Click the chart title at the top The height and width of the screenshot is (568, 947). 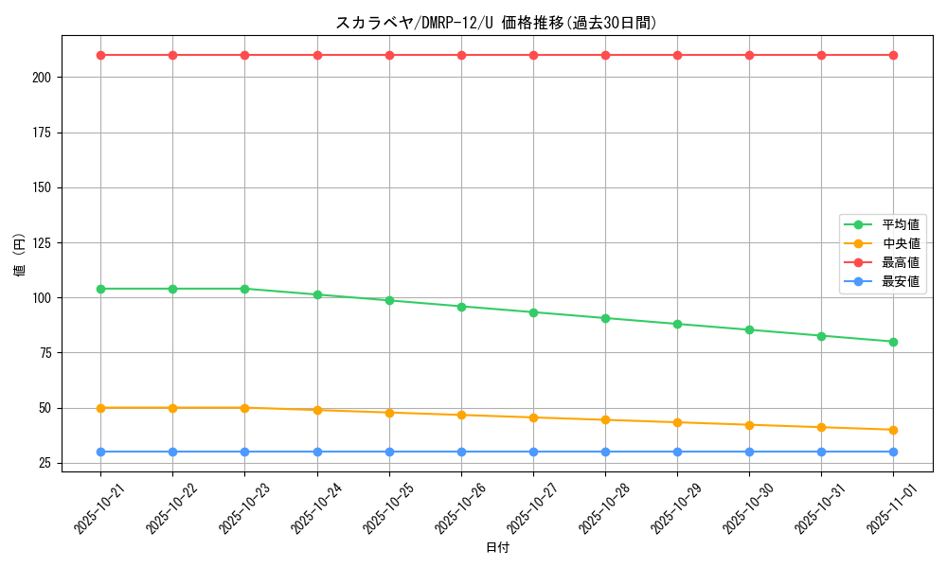pyautogui.click(x=496, y=23)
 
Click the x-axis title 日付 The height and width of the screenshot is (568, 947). pyautogui.click(x=497, y=548)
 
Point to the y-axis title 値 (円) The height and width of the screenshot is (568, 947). pyautogui.click(x=20, y=256)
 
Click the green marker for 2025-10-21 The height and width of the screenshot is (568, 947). pyautogui.click(x=100, y=289)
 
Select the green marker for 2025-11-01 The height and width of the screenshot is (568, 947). pyautogui.click(x=893, y=342)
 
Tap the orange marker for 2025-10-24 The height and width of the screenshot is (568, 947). pyautogui.click(x=317, y=410)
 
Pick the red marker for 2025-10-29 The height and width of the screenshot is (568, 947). pyautogui.click(x=677, y=55)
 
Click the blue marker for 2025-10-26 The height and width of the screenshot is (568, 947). pyautogui.click(x=461, y=452)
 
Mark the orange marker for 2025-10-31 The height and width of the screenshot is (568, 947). pyautogui.click(x=821, y=427)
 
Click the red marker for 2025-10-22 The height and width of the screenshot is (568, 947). pyautogui.click(x=172, y=55)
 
